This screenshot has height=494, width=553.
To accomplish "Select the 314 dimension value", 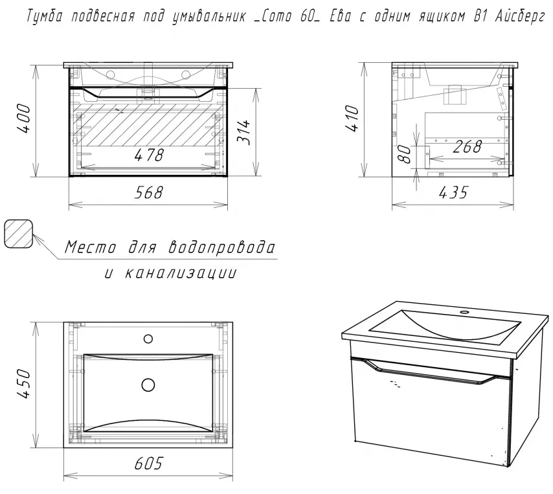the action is pos(244,132).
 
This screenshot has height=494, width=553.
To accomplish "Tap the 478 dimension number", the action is pos(149,155).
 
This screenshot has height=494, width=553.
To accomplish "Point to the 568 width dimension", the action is pos(149,192).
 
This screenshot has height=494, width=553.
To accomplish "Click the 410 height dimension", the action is pos(353,118).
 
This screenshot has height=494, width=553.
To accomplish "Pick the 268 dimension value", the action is pos(468,146).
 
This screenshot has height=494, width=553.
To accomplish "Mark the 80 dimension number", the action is pos(405,154).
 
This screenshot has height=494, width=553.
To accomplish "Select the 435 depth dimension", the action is pos(453,192).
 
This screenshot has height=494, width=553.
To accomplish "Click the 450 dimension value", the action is pos(25,384).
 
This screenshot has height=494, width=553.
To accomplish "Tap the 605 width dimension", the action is pos(148,464).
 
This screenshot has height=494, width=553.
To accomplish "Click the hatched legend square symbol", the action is pos(18,234).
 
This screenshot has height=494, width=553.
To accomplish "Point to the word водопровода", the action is pos(221,247).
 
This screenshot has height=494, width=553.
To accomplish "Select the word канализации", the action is pos(181,273).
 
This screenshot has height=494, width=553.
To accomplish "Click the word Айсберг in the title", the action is pos(520,16).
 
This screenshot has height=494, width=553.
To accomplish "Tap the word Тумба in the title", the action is pos(45,16).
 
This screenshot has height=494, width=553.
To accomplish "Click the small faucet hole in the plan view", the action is pos(148,339).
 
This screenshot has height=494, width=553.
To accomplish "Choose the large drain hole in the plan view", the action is pos(148,385).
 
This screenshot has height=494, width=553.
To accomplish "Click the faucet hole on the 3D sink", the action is pos(465,312).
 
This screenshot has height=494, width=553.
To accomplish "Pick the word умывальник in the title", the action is pos(209,17).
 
